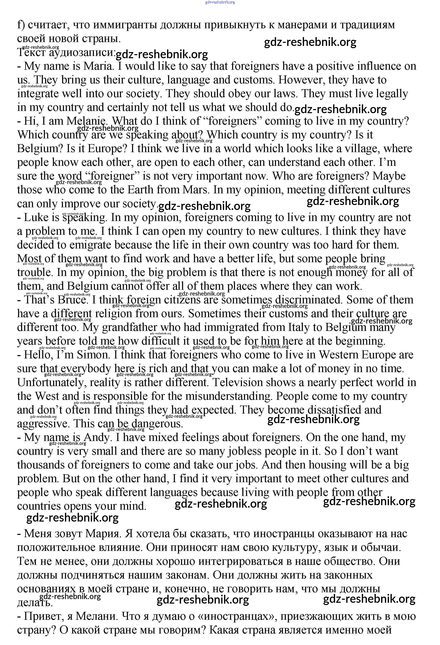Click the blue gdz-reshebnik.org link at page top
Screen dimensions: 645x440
220,2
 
